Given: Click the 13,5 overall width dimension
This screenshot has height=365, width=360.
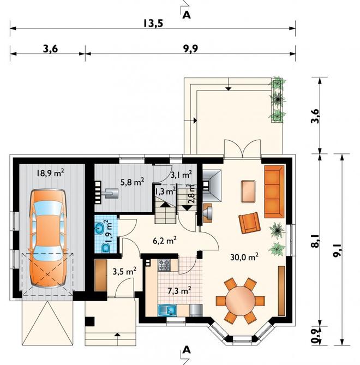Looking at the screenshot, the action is (153, 23).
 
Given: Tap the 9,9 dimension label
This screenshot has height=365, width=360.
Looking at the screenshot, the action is (190, 49).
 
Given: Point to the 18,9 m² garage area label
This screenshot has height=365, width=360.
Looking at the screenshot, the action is (50, 173).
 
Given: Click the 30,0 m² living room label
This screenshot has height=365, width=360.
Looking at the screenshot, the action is (244, 257).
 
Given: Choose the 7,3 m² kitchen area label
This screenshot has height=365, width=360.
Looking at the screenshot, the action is (179, 291).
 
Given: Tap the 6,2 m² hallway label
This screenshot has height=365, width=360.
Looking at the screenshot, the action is (165, 241).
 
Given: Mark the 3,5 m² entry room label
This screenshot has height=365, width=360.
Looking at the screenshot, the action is (124, 271).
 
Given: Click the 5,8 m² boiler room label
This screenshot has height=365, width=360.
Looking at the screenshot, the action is (132, 182).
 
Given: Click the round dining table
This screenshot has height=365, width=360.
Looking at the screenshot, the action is (241, 301).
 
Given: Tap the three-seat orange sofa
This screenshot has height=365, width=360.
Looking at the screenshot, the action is (274, 192).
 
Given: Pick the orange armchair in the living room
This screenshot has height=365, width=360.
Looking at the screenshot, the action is (250, 223).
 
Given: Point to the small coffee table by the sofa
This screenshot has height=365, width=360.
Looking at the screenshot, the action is (248, 192).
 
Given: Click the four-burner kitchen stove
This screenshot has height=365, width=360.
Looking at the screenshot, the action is (164, 265).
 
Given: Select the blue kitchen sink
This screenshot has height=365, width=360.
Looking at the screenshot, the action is (167, 310).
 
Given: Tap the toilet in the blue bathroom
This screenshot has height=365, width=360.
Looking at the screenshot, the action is (106, 248).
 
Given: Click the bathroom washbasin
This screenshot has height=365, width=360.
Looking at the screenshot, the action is (100, 228).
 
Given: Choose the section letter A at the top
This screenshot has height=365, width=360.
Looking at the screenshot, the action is (187, 15).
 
